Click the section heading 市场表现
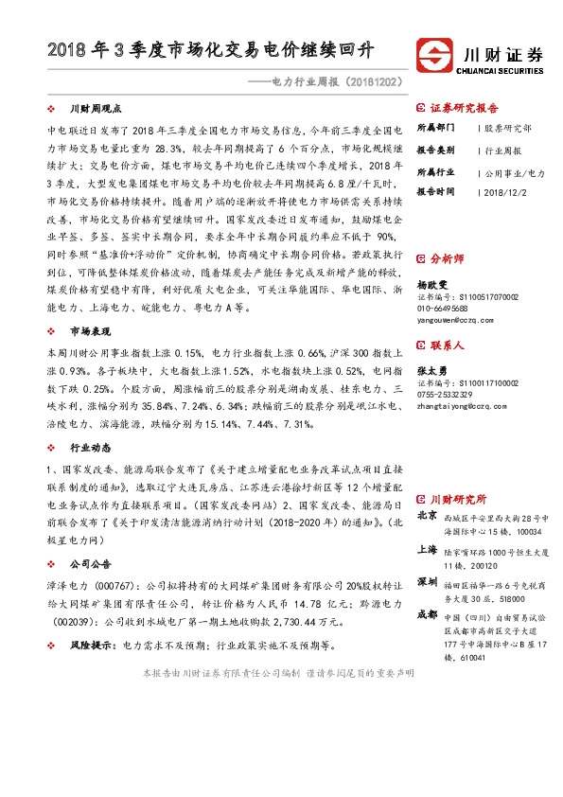90,331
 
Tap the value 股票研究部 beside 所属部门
507,127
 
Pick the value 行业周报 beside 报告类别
503,150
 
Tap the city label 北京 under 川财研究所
426,515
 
